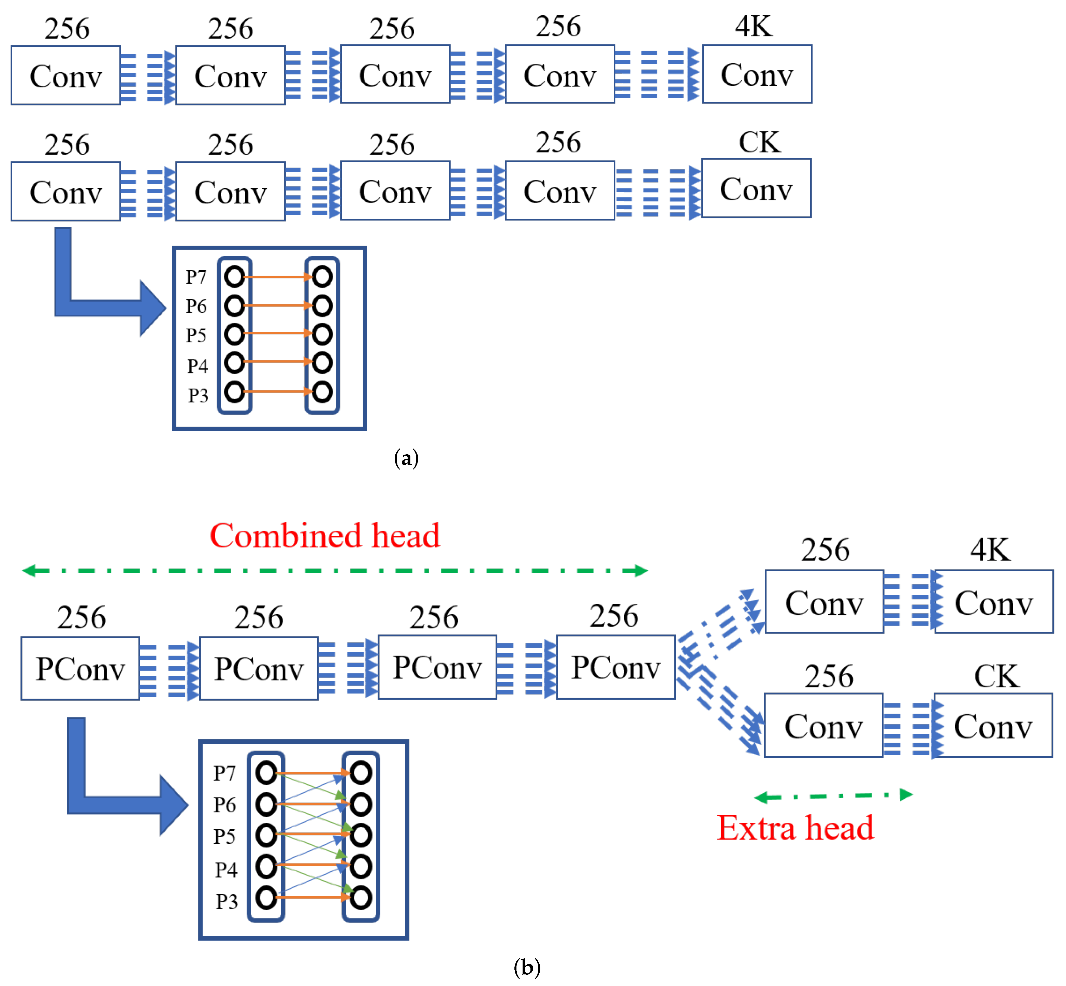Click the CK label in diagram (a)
pyautogui.click(x=759, y=142)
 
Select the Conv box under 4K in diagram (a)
pyautogui.click(x=757, y=74)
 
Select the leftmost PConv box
pyautogui.click(x=80, y=669)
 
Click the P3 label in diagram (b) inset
pyautogui.click(x=226, y=902)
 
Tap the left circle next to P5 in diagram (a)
pyautogui.click(x=234, y=334)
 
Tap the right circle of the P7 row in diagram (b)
pyautogui.click(x=361, y=773)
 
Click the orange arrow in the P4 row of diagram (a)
pyautogui.click(x=277, y=362)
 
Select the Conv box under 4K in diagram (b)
pyautogui.click(x=993, y=602)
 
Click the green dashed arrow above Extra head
pyautogui.click(x=833, y=796)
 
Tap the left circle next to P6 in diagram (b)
pyautogui.click(x=266, y=804)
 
